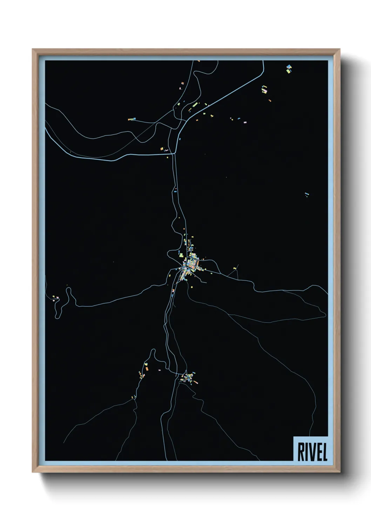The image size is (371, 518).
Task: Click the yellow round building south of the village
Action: [191, 287]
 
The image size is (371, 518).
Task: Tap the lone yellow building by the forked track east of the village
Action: [235, 268]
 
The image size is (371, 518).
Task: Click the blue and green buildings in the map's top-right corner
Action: [289, 69]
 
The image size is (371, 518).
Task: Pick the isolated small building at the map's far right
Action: [307, 194]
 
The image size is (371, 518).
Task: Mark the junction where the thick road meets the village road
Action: [174, 153]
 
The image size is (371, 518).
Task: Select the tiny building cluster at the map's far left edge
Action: [55, 298]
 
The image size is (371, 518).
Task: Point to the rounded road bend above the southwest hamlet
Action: [153, 351]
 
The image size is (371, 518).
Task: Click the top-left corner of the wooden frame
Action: [33, 50]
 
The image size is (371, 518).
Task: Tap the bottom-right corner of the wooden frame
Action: [339, 472]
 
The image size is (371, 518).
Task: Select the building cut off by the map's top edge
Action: [199, 61]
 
